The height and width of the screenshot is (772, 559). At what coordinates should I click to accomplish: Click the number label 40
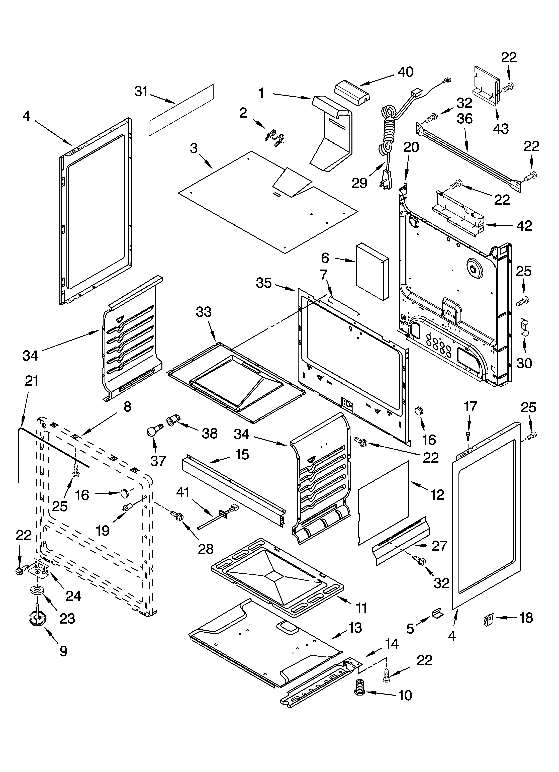tap(405, 72)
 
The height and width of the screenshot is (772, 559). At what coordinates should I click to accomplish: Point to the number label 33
tap(204, 312)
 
